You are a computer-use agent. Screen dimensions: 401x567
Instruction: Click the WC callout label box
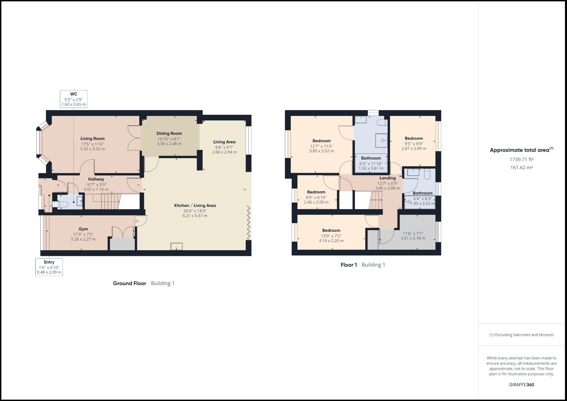point(74,99)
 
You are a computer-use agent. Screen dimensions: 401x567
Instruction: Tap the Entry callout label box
point(49,267)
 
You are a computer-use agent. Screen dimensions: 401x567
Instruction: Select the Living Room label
point(92,139)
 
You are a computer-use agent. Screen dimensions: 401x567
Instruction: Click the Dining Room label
point(169,133)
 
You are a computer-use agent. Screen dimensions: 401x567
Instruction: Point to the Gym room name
point(83,229)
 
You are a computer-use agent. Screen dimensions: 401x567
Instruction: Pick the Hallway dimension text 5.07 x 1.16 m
point(96,189)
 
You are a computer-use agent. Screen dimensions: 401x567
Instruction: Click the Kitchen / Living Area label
point(195,205)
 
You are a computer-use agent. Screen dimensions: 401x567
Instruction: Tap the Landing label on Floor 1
point(388,178)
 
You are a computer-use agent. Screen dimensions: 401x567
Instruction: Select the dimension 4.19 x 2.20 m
point(331,241)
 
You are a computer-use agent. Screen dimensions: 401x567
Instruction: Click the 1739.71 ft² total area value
point(521,160)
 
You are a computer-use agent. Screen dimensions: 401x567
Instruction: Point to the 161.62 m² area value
point(521,167)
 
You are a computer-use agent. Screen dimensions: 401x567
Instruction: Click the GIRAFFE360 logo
point(521,385)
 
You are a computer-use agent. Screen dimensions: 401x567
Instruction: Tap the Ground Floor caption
point(130,283)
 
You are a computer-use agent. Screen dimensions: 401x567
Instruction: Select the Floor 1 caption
point(349,265)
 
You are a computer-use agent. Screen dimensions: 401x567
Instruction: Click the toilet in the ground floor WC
point(62,204)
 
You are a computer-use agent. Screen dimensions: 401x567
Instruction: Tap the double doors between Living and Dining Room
point(134,138)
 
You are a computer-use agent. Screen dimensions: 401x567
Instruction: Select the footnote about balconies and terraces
point(521,335)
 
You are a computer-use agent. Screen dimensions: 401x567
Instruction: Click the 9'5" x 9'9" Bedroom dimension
point(414,144)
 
